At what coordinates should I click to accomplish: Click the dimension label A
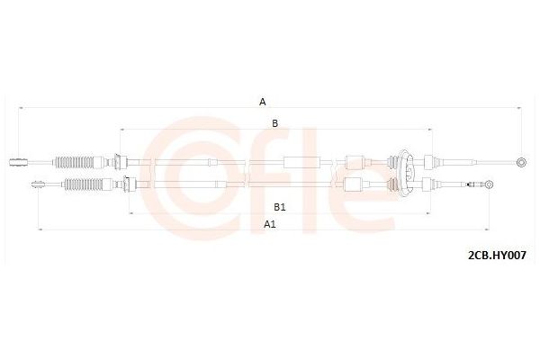263,102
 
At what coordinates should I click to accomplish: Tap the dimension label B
274,123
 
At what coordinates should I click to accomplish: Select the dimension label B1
280,207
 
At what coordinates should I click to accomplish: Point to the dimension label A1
270,224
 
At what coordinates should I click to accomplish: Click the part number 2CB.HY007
497,256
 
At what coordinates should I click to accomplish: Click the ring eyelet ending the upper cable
521,162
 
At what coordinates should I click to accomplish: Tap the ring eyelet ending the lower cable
489,184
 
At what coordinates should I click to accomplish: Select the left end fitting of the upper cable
18,162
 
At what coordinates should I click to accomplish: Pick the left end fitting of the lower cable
38,184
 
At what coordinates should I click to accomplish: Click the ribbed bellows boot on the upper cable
74,162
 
